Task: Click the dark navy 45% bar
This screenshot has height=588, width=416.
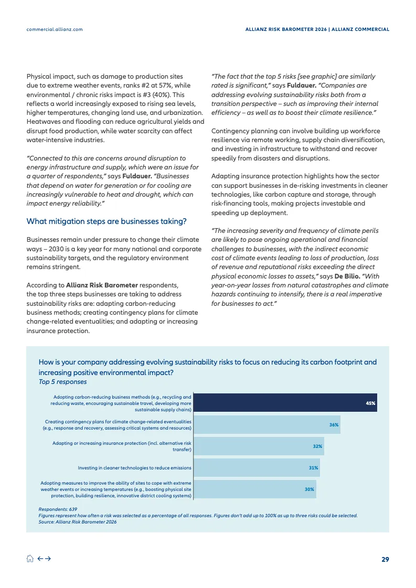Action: click(x=286, y=403)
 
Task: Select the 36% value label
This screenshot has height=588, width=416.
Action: click(x=334, y=424)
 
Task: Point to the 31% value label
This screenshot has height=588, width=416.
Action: click(x=313, y=467)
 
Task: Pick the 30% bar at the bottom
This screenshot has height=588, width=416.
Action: click(x=255, y=489)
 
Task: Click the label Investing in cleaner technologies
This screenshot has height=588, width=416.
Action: click(x=134, y=467)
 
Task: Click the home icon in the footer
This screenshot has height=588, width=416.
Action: click(x=30, y=559)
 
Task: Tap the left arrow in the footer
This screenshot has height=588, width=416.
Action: click(x=39, y=559)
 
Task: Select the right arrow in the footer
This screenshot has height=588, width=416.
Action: click(x=48, y=559)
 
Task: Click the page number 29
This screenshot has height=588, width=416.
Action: click(x=385, y=559)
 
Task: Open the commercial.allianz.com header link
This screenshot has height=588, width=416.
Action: click(x=55, y=29)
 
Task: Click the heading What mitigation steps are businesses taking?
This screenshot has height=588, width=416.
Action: click(x=106, y=221)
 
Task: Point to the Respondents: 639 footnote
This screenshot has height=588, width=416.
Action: click(x=58, y=509)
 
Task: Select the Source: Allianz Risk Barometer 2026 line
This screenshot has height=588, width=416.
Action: click(x=78, y=522)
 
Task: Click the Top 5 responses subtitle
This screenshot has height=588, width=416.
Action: click(x=62, y=382)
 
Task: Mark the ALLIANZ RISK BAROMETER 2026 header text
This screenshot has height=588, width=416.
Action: click(x=286, y=29)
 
